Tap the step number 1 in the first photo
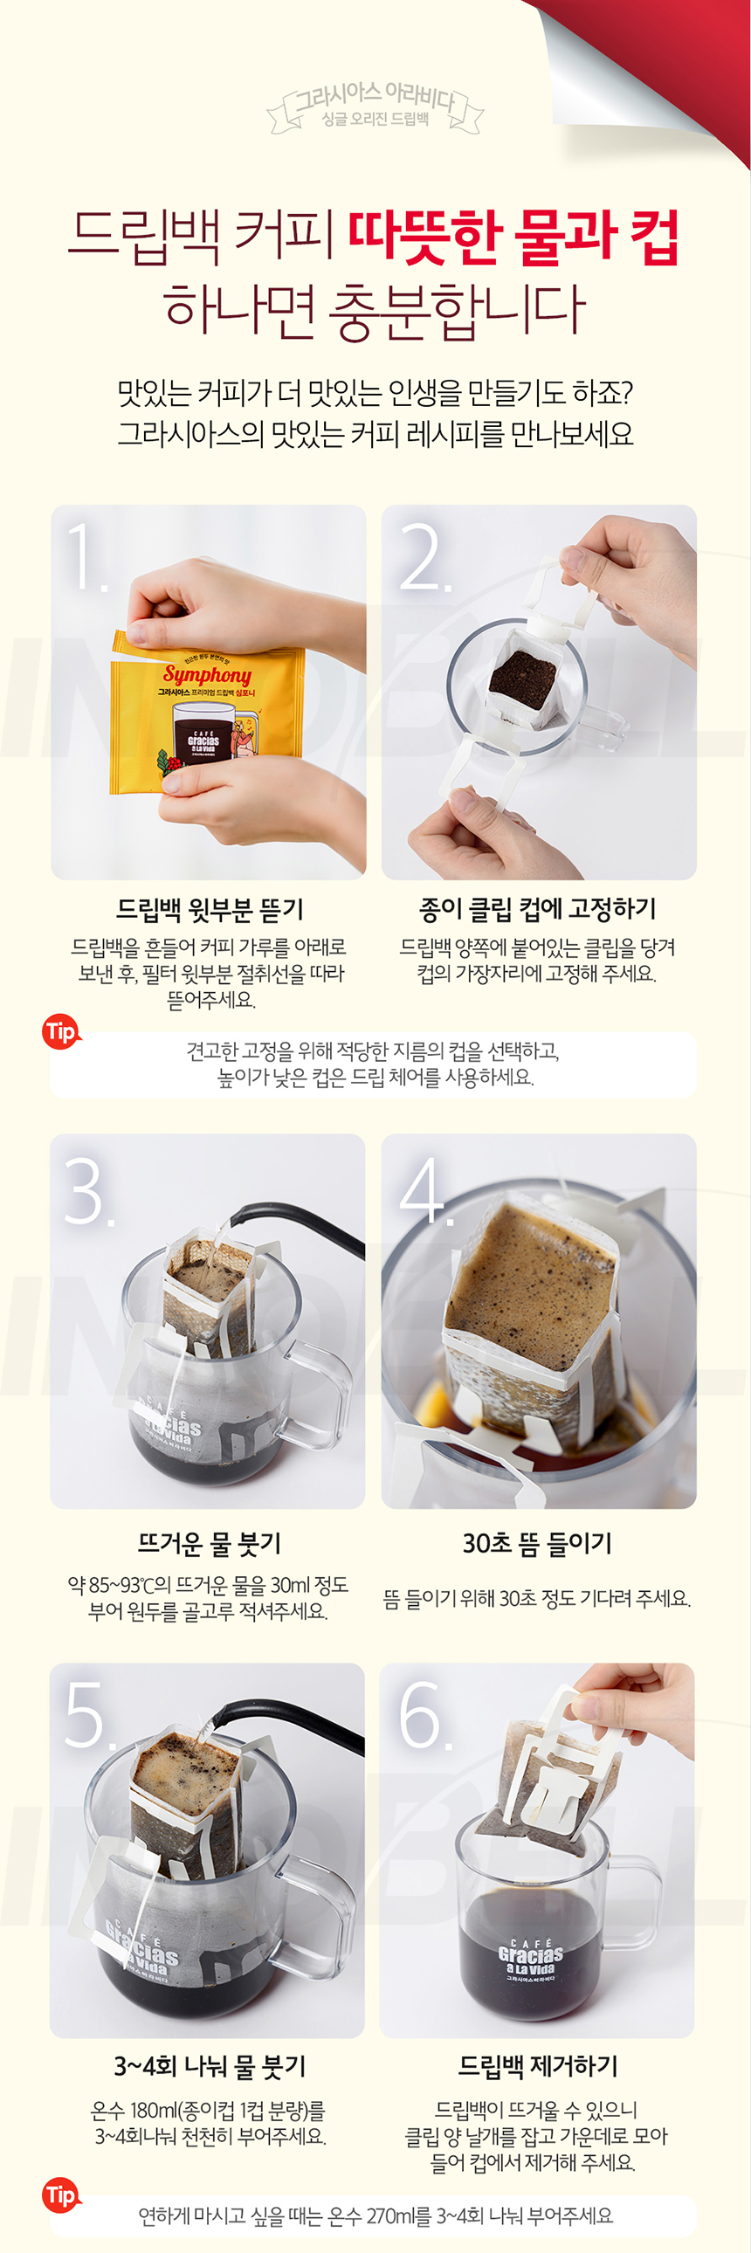pyautogui.click(x=86, y=556)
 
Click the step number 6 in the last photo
pyautogui.click(x=424, y=1716)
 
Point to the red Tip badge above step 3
pyautogui.click(x=60, y=1032)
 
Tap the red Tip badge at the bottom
pyautogui.click(x=60, y=2195)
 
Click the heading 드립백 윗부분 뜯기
pyautogui.click(x=210, y=910)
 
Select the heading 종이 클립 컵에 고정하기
pyautogui.click(x=537, y=909)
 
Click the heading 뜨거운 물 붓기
pyautogui.click(x=210, y=1544)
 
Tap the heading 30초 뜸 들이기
pyautogui.click(x=537, y=1543)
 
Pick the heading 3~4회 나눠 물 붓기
pyautogui.click(x=210, y=2066)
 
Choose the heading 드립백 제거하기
pyautogui.click(x=538, y=2066)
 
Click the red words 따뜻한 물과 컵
pyautogui.click(x=514, y=237)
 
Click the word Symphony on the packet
pyautogui.click(x=207, y=674)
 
